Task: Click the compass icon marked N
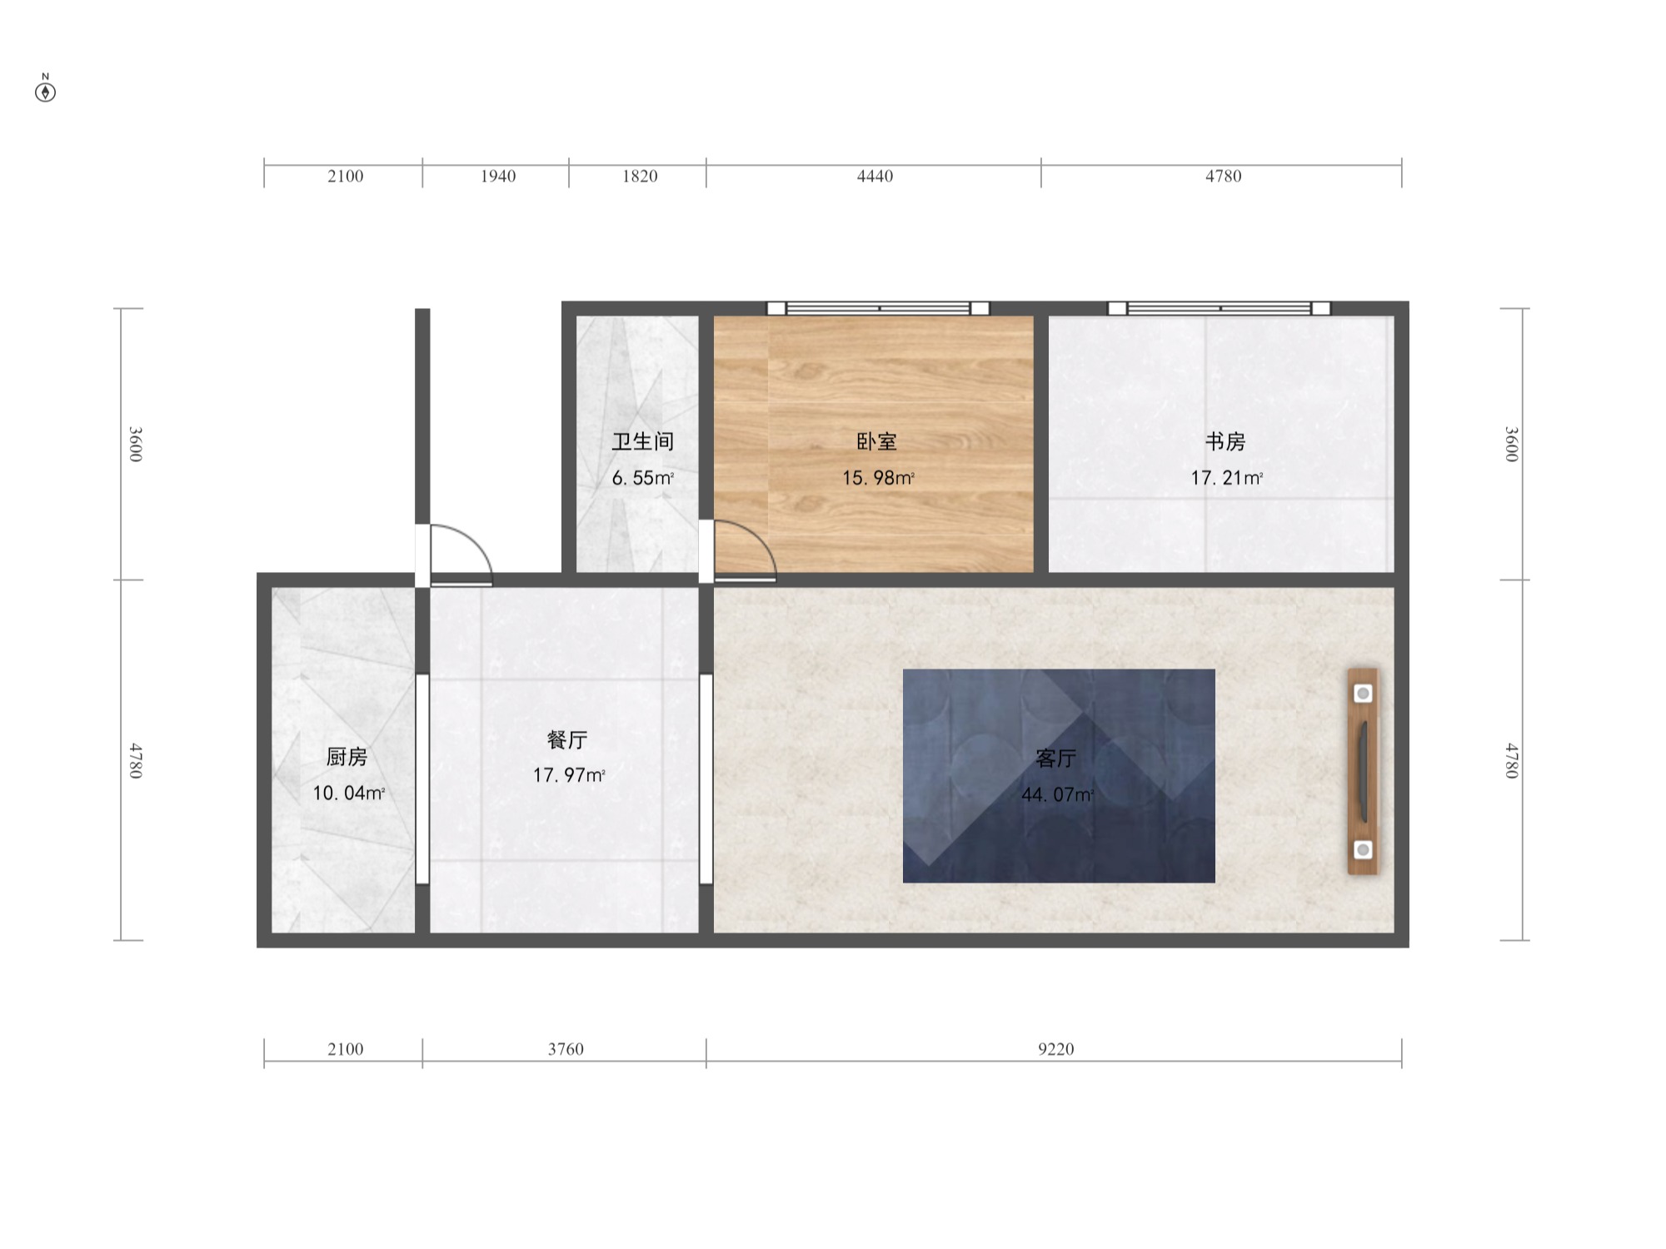coord(46,91)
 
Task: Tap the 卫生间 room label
coord(642,441)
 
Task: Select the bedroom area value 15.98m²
coord(877,478)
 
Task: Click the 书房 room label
coord(1225,441)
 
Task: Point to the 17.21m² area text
coord(1225,478)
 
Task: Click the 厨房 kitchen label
coord(347,756)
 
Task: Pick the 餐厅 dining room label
coord(567,739)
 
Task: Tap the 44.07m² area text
coord(1057,794)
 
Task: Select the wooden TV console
coord(1363,771)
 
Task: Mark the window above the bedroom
coord(877,308)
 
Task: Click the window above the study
coord(1219,308)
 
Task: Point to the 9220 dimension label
coord(1055,1049)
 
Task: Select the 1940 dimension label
coord(497,177)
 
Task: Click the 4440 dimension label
coord(875,177)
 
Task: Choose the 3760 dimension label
coord(566,1049)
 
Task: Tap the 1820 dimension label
coord(640,177)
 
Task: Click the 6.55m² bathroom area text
coord(642,478)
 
